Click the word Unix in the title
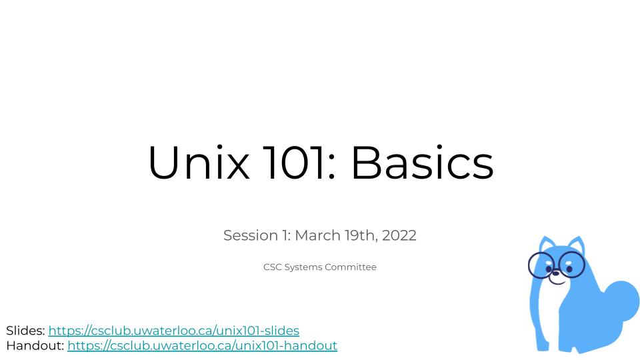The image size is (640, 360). coord(199,162)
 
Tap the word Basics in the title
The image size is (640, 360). coord(423,162)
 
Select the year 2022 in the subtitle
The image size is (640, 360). coord(399,235)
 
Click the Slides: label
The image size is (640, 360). coord(25,331)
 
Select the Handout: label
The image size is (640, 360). coord(35,346)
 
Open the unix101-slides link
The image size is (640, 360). coord(174,331)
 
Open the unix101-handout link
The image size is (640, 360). coord(203,346)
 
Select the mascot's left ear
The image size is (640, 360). coord(546,244)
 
